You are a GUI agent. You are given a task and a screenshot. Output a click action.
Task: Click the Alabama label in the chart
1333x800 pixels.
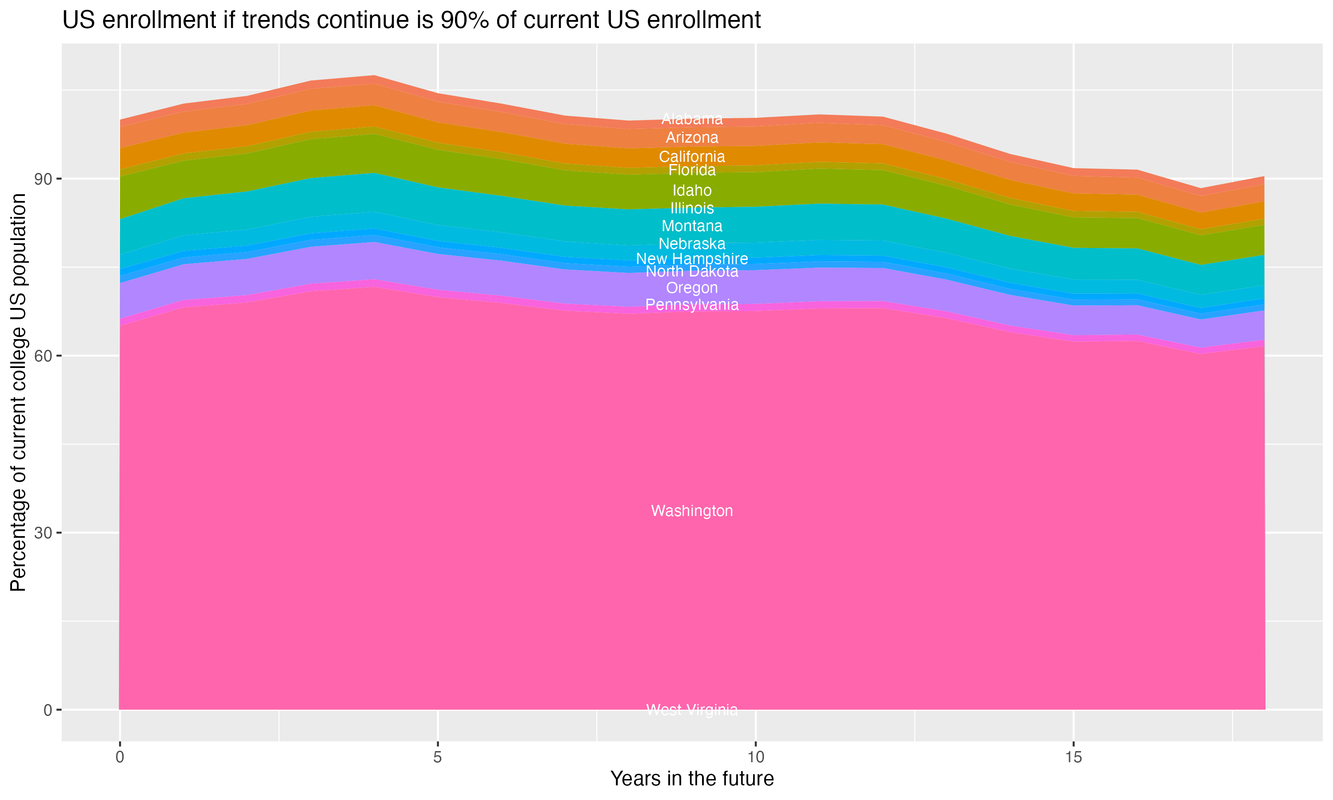point(692,119)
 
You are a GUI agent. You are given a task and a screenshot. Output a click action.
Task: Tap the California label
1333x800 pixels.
point(692,157)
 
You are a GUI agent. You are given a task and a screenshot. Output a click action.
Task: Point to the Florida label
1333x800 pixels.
point(692,170)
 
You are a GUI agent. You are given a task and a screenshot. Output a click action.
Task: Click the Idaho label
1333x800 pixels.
point(692,190)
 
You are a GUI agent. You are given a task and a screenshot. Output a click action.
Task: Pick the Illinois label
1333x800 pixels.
point(692,208)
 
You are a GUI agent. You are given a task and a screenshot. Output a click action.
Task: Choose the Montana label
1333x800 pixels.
point(692,226)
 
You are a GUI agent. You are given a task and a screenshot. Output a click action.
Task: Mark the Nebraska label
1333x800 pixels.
point(692,244)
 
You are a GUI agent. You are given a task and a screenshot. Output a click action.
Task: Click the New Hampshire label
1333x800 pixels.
point(692,259)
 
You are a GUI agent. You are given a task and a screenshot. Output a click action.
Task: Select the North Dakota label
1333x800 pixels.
point(692,272)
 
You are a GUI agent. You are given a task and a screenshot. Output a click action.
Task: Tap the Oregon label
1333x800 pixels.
point(692,288)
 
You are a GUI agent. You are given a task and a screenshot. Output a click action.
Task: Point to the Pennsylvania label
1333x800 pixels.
point(692,305)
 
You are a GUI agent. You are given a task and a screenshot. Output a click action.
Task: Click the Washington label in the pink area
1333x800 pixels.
point(692,511)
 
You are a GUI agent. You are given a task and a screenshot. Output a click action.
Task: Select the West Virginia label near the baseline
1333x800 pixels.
point(692,710)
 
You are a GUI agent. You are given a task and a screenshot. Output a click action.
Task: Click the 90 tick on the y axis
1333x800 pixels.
point(43,179)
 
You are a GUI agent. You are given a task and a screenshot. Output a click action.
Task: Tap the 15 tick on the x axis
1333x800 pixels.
point(1074,757)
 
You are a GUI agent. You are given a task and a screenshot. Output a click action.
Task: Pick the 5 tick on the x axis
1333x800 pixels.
point(438,757)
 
